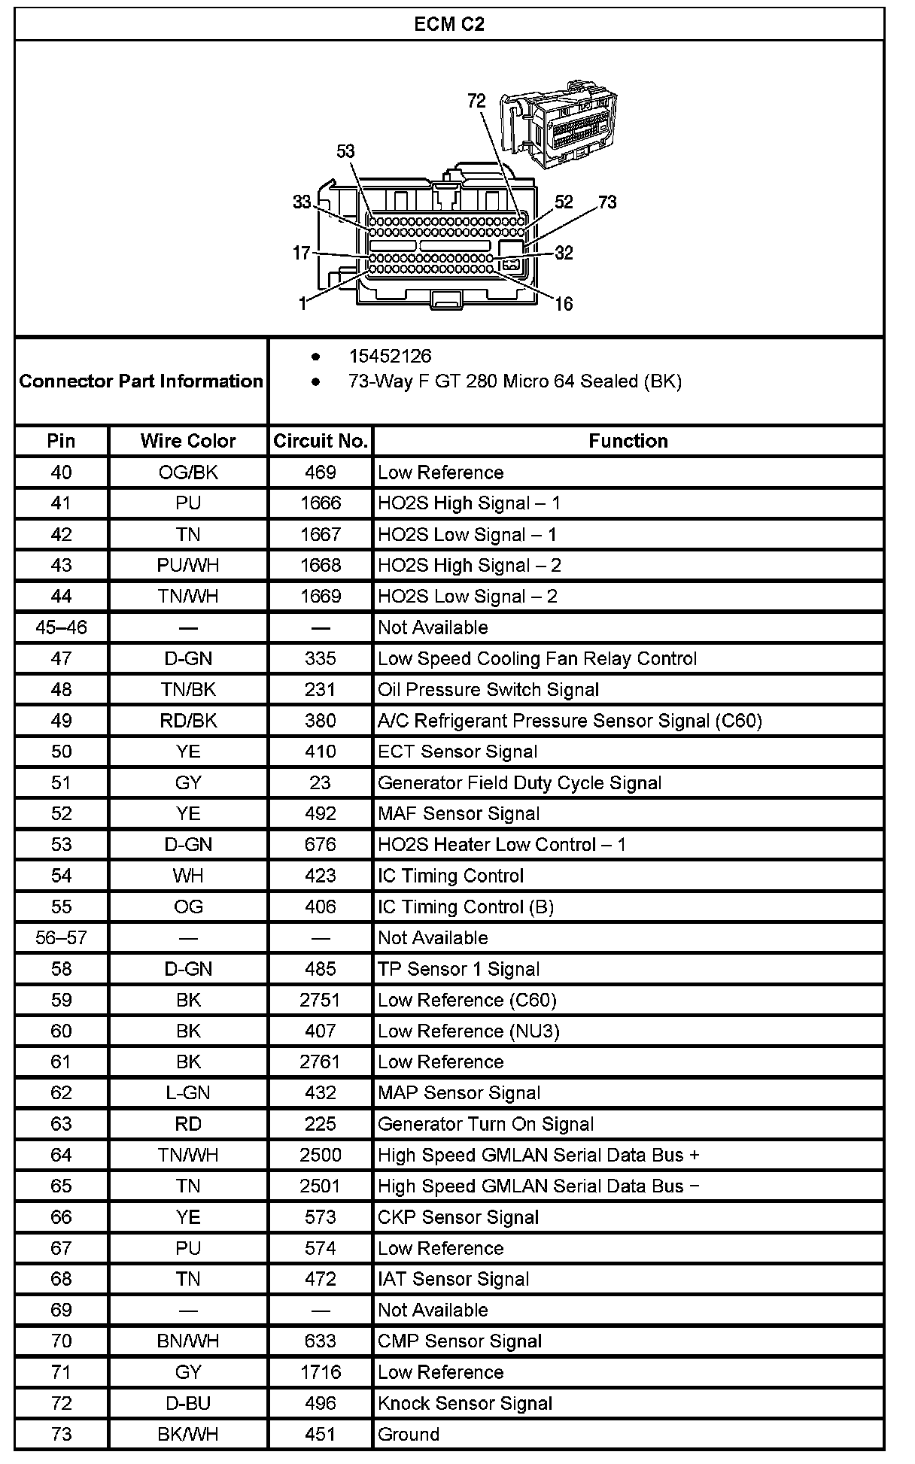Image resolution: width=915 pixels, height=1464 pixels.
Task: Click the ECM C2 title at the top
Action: (449, 24)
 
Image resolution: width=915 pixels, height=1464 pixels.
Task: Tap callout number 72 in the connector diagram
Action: (476, 101)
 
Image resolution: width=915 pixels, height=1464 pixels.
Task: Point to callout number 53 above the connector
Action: (345, 151)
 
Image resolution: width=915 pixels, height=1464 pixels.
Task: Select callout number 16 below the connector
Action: (564, 304)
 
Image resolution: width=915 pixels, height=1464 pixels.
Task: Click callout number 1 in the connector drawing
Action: (302, 304)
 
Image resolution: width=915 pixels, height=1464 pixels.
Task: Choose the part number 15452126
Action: (390, 356)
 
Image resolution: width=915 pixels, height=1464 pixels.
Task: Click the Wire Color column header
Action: (188, 441)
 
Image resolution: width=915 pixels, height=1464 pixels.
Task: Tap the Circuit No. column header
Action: (320, 441)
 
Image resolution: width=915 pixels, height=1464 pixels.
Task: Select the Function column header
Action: (628, 441)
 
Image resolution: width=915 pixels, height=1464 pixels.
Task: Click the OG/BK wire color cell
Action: (188, 472)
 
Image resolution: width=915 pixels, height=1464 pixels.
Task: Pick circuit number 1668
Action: (321, 565)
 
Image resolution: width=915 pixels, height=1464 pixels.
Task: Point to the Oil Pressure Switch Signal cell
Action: (488, 689)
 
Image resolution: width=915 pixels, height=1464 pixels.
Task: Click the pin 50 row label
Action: (61, 752)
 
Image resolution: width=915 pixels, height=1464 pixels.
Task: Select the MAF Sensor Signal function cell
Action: (458, 813)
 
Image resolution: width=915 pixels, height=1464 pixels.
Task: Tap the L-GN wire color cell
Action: (188, 1092)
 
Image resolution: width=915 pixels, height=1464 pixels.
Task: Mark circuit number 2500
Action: (321, 1155)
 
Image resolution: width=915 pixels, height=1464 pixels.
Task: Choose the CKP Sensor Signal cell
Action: (458, 1216)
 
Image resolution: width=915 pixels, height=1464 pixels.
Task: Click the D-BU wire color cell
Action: (188, 1403)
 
